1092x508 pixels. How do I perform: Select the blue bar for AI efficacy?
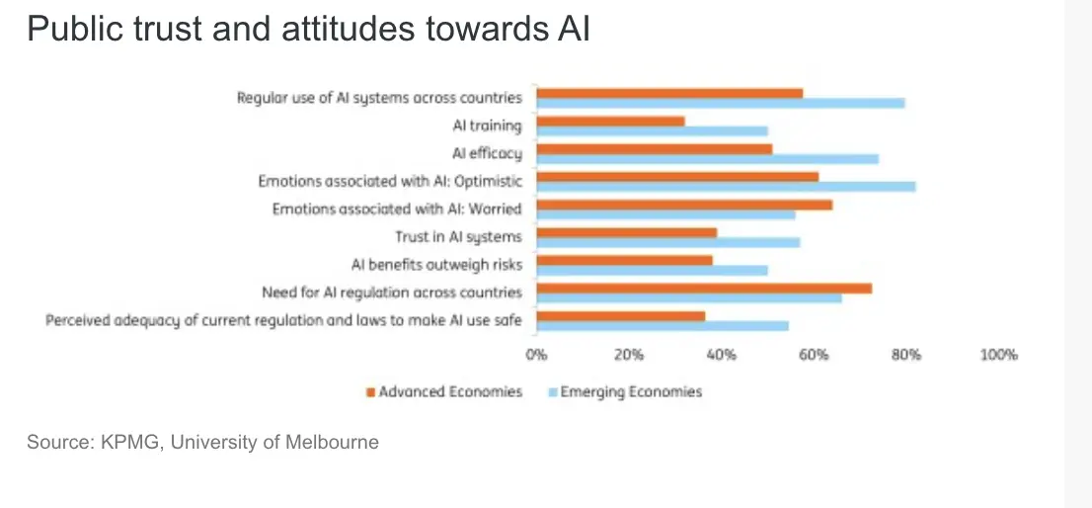coord(707,158)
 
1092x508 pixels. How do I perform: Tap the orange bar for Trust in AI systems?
coord(626,232)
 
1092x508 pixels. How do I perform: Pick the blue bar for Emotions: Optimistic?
coord(726,186)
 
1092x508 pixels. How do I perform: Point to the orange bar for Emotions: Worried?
coord(684,205)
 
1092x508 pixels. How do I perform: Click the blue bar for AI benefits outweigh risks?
coord(652,270)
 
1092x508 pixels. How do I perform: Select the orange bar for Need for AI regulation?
coord(704,289)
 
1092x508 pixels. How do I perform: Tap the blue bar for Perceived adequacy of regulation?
coord(663,325)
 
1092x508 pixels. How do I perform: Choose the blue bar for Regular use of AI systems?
coord(721,103)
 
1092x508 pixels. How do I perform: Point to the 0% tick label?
coord(536,354)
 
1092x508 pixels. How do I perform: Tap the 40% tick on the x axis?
coord(721,354)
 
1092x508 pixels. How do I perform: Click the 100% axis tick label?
coord(998,354)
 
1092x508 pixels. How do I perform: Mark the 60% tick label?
coord(814,354)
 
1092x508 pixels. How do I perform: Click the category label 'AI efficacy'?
coord(487,153)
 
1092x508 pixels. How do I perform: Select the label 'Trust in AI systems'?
coord(458,237)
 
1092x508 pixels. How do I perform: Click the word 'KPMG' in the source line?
coord(130,442)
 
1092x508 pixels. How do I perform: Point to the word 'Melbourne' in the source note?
coord(331,442)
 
